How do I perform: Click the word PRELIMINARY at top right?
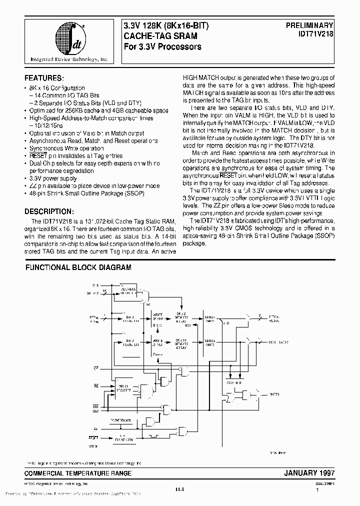[305, 24]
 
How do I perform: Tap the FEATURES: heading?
[44, 78]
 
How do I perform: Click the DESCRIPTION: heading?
[49, 211]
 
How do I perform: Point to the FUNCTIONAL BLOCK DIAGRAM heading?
[78, 268]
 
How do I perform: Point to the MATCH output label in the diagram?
[274, 394]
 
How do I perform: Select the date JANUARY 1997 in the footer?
[309, 472]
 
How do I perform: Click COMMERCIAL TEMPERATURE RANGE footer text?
[78, 473]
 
